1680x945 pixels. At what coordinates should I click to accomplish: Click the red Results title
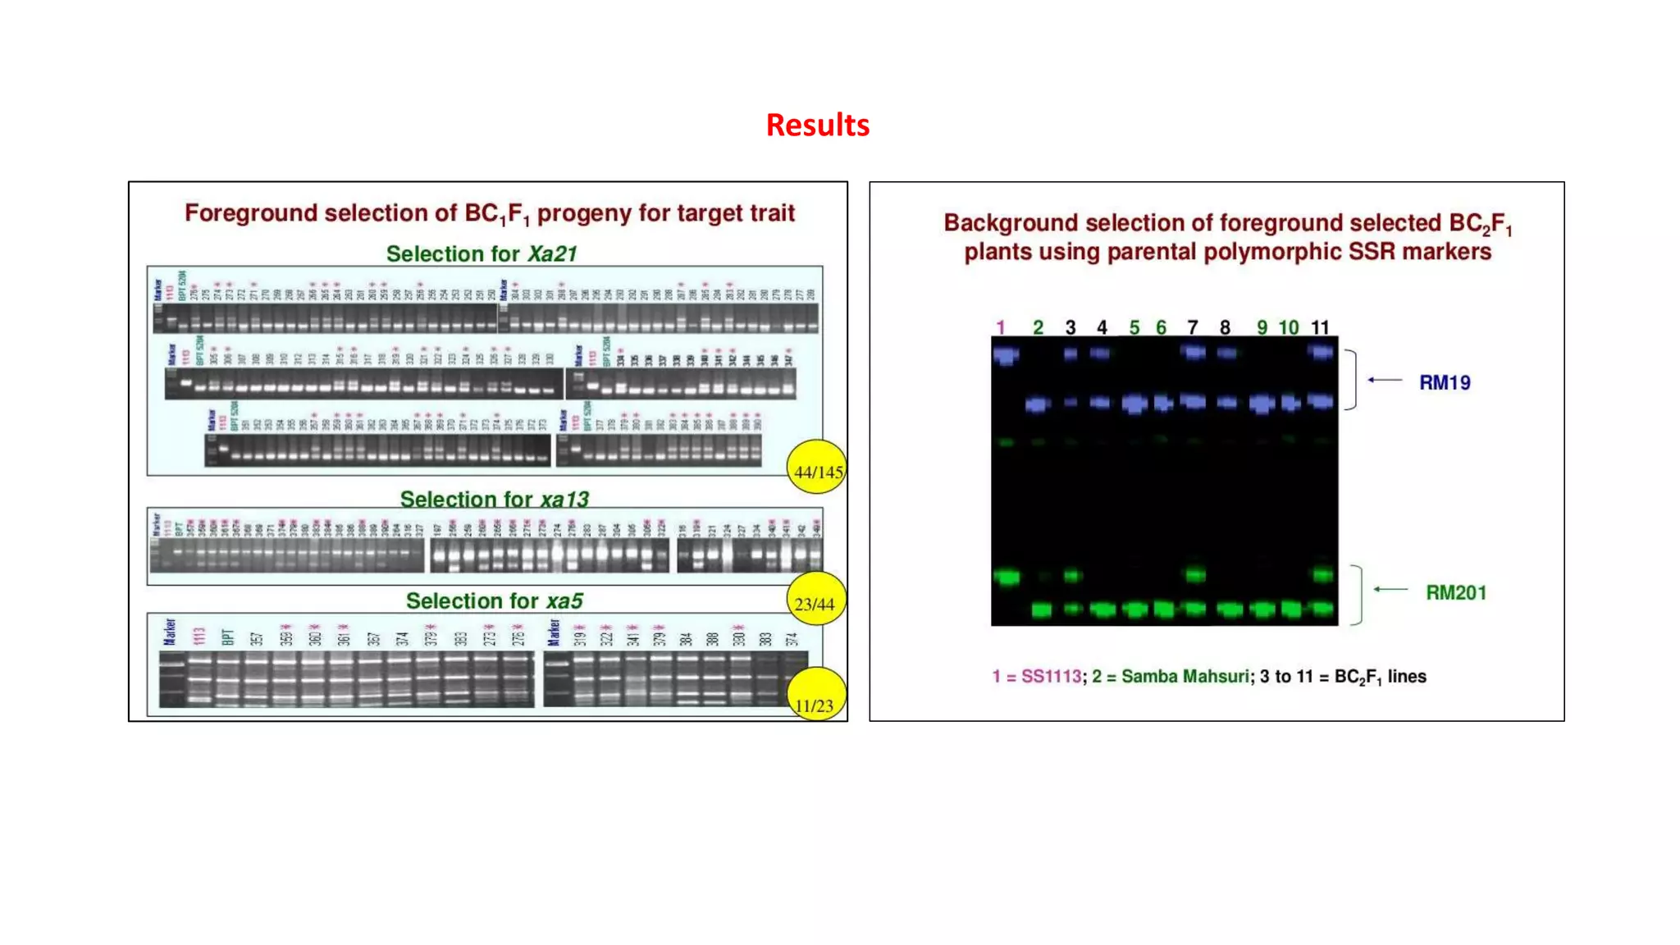point(817,126)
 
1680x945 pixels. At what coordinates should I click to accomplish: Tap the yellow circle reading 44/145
point(816,468)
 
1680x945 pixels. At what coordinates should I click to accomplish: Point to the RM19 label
point(1444,383)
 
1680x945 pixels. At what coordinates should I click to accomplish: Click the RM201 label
point(1455,593)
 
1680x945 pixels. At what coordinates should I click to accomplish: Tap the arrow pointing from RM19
point(1385,380)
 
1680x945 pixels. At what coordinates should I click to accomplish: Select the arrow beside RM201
point(1390,589)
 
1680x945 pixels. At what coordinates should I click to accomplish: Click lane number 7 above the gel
point(1192,328)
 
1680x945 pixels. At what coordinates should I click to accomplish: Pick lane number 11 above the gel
point(1319,328)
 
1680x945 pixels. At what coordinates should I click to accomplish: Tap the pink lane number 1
point(1000,328)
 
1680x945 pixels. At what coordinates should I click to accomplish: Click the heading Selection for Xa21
point(482,254)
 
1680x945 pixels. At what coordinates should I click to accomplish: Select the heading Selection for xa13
point(494,499)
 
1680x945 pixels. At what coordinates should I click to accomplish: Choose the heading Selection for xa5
point(494,601)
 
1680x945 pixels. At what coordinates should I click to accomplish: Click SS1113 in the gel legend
point(1050,677)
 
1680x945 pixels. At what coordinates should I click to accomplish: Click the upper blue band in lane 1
point(1006,355)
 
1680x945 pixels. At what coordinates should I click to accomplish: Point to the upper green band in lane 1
point(1007,577)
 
